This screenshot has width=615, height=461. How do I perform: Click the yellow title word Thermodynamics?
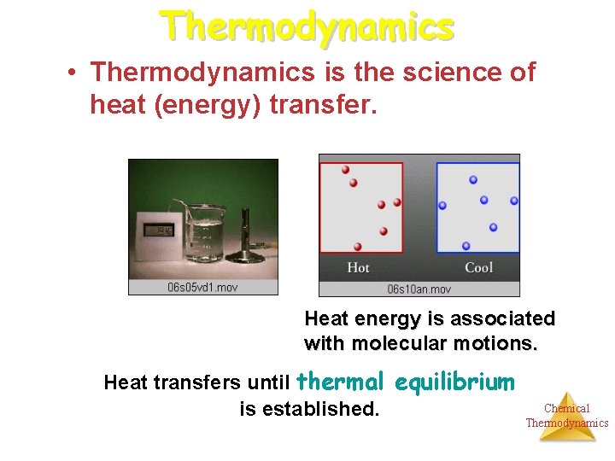[x=307, y=25]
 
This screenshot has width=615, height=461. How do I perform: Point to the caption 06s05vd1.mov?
[x=203, y=287]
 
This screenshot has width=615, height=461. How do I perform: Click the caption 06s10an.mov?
[x=419, y=289]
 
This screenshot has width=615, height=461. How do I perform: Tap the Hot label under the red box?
[x=358, y=268]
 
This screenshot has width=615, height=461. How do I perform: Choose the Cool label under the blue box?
[x=478, y=268]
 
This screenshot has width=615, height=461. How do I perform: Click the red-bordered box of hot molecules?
[x=361, y=207]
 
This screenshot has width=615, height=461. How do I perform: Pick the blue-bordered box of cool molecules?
[x=477, y=207]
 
